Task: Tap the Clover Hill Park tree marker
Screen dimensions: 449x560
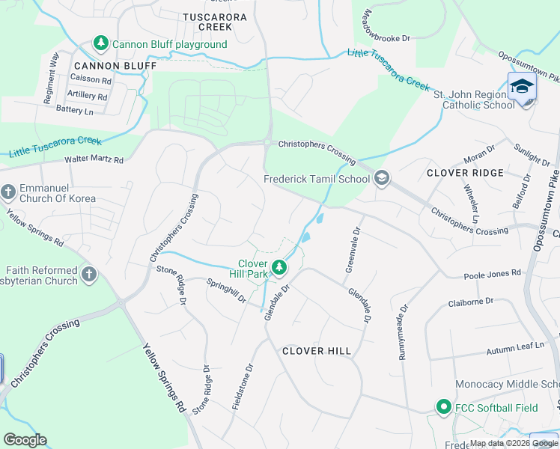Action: tap(280, 267)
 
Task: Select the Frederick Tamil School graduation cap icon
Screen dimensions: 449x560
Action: tap(382, 178)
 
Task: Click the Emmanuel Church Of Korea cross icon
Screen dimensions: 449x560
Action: tap(8, 192)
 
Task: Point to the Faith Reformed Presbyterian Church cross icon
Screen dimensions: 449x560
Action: tap(89, 275)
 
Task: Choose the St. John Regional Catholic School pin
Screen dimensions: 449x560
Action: tap(522, 88)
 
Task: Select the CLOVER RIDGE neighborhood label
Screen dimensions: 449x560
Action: tap(465, 173)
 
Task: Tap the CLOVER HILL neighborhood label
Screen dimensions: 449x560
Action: tap(317, 351)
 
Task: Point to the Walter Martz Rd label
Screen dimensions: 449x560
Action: tap(94, 159)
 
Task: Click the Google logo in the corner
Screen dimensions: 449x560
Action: tap(25, 440)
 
